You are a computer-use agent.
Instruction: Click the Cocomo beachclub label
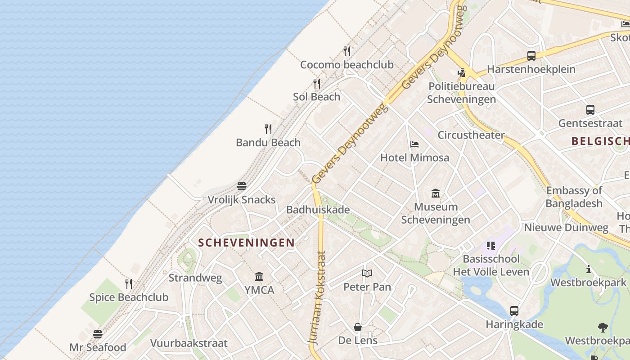pyautogui.click(x=346, y=65)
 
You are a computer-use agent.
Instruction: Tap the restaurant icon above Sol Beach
pyautogui.click(x=317, y=84)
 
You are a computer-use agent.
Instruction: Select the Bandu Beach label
pyautogui.click(x=268, y=143)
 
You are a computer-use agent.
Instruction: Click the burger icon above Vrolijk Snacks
pyautogui.click(x=242, y=186)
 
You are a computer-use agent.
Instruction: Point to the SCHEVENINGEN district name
pyautogui.click(x=247, y=243)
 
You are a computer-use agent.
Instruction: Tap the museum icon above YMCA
pyautogui.click(x=259, y=276)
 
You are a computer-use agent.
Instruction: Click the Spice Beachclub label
pyautogui.click(x=129, y=297)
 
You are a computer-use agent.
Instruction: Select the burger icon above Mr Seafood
pyautogui.click(x=98, y=334)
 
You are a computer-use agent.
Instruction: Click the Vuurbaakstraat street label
pyautogui.click(x=189, y=343)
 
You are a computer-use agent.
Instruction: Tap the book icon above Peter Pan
pyautogui.click(x=367, y=273)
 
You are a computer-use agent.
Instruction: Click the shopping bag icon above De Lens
pyautogui.click(x=358, y=327)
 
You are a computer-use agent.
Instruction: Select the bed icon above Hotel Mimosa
pyautogui.click(x=414, y=144)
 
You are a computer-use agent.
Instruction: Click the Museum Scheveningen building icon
pyautogui.click(x=435, y=193)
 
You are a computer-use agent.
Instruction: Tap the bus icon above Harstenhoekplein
pyautogui.click(x=531, y=56)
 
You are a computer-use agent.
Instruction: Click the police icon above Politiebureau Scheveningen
pyautogui.click(x=461, y=72)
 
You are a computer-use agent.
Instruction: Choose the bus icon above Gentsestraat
pyautogui.click(x=590, y=109)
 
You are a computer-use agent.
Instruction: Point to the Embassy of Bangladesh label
pyautogui.click(x=574, y=197)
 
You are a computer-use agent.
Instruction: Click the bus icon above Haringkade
pyautogui.click(x=514, y=310)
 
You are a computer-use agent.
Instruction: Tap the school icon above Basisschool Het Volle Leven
pyautogui.click(x=491, y=246)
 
